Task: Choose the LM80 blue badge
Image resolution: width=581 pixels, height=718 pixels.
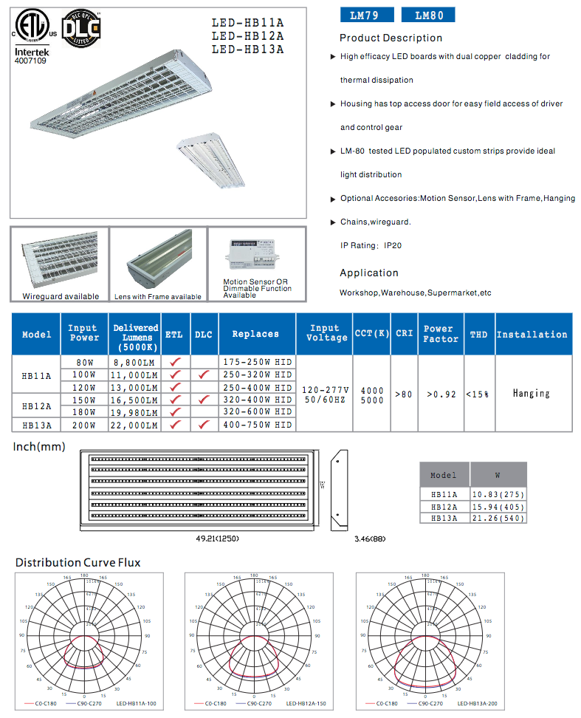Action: (x=427, y=15)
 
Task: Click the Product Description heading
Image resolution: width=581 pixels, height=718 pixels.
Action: (x=391, y=38)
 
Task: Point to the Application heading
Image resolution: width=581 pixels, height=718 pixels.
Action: (x=368, y=273)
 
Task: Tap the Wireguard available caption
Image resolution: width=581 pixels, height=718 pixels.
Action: (x=61, y=296)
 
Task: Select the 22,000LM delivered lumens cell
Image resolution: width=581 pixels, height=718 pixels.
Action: (x=136, y=425)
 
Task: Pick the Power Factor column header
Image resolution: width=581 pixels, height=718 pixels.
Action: (x=439, y=334)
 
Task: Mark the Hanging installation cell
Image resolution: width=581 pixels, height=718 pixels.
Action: (x=531, y=394)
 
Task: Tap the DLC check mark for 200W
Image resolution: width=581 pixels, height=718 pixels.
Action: (x=204, y=425)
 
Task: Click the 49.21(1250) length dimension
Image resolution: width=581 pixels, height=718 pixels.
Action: (x=217, y=538)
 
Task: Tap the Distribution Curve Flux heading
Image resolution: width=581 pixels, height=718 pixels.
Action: (x=78, y=563)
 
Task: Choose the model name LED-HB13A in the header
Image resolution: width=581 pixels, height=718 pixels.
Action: (x=248, y=49)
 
